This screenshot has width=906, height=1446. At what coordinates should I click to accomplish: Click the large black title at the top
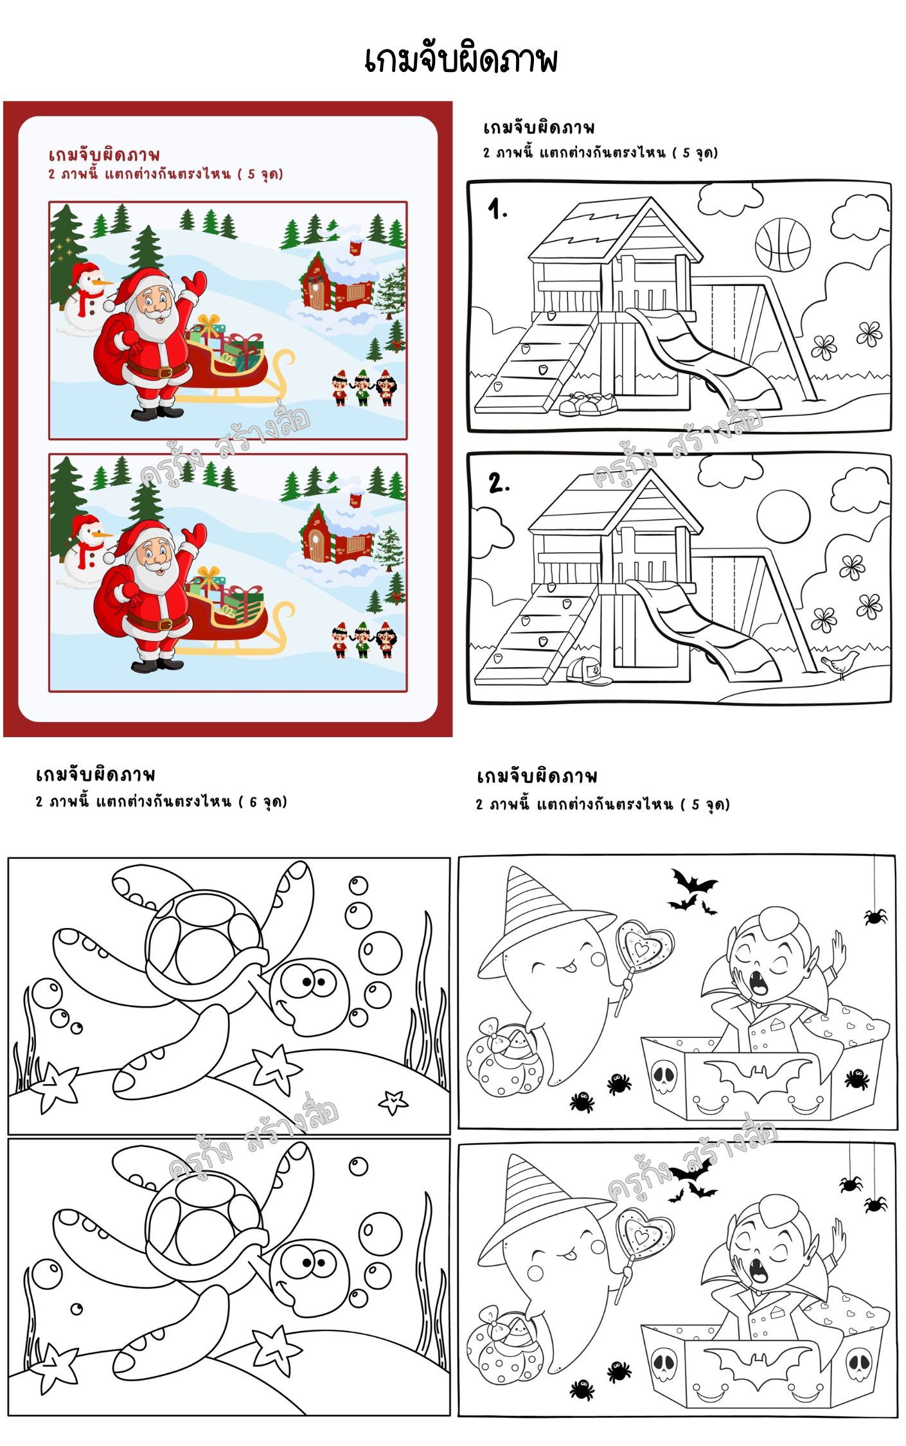tap(460, 60)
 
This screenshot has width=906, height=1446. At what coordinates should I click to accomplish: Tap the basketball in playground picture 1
tap(782, 245)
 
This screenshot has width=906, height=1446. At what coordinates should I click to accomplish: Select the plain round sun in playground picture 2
tap(783, 517)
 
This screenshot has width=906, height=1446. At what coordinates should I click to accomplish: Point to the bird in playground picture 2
tap(840, 663)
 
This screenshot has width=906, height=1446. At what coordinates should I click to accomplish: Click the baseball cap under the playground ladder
tap(588, 671)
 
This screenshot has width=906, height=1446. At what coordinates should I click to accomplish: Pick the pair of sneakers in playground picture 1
tap(587, 404)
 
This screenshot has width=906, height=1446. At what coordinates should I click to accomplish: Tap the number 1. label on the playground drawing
tap(497, 208)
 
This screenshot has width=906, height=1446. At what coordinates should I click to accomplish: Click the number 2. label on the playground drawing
tap(499, 482)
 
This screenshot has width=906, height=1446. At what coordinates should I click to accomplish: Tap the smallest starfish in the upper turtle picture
tap(393, 1102)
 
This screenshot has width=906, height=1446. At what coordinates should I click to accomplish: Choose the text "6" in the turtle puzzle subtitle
tap(253, 802)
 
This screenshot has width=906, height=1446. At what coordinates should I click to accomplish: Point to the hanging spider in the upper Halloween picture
tap(875, 915)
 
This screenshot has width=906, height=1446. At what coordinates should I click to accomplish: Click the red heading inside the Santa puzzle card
tap(104, 155)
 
